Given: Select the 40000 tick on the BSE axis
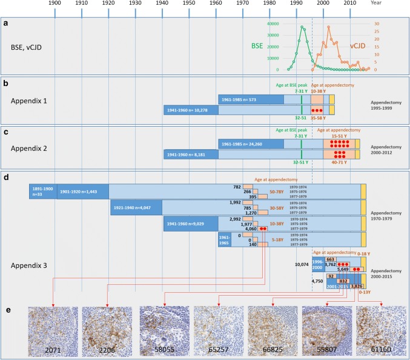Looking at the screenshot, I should [x=271, y=24].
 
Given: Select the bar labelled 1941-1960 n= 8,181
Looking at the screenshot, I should [x=191, y=155].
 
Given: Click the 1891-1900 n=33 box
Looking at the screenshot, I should [x=43, y=191].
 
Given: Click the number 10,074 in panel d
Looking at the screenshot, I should [x=303, y=264].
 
